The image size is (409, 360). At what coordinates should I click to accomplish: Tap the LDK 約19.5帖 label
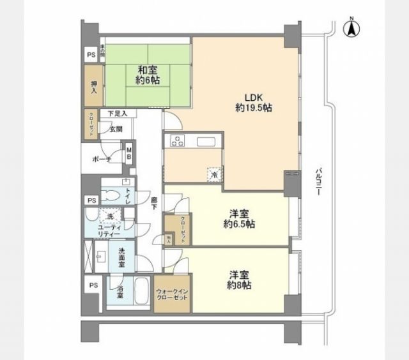(x=254, y=102)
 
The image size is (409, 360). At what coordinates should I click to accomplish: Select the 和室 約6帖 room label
(x=148, y=75)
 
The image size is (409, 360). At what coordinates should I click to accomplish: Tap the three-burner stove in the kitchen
(x=176, y=142)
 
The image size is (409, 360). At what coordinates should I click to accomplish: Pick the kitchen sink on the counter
(x=208, y=142)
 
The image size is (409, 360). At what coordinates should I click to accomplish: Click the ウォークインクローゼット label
(x=172, y=295)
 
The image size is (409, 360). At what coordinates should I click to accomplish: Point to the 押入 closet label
(x=93, y=87)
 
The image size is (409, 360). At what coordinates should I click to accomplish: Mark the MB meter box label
(x=128, y=154)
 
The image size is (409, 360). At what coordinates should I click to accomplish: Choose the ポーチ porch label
(x=102, y=158)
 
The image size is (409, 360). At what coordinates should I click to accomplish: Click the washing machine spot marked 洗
(x=109, y=216)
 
